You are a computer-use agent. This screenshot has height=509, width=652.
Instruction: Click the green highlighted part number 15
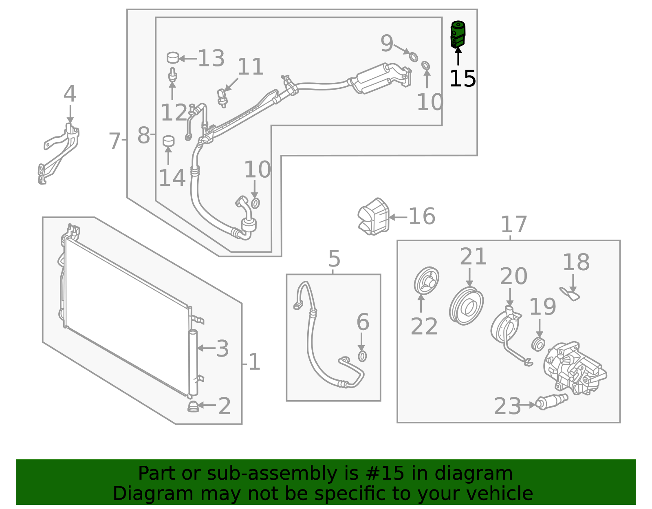(x=458, y=35)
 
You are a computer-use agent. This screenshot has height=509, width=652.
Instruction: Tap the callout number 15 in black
(x=463, y=79)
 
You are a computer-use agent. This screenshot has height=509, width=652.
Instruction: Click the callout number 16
(x=422, y=216)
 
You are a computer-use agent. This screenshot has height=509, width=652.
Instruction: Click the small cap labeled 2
(x=194, y=406)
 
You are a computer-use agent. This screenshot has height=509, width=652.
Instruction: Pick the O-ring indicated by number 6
(x=362, y=356)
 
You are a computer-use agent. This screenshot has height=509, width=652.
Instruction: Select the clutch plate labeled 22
(x=426, y=281)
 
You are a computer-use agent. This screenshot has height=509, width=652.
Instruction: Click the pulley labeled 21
(x=467, y=306)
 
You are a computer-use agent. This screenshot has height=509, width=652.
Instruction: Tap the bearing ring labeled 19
(x=538, y=344)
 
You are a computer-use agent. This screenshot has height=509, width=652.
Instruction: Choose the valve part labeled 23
(x=552, y=401)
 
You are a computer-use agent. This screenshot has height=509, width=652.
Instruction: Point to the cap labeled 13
(x=173, y=57)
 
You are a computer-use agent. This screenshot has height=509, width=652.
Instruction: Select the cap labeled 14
(x=168, y=141)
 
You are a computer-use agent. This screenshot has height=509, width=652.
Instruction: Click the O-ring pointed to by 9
(x=413, y=57)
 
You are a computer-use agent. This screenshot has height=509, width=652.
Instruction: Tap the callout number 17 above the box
(x=513, y=225)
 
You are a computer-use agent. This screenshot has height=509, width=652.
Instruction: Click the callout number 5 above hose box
(x=334, y=259)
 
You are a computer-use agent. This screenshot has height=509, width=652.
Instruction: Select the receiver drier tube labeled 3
(x=193, y=363)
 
